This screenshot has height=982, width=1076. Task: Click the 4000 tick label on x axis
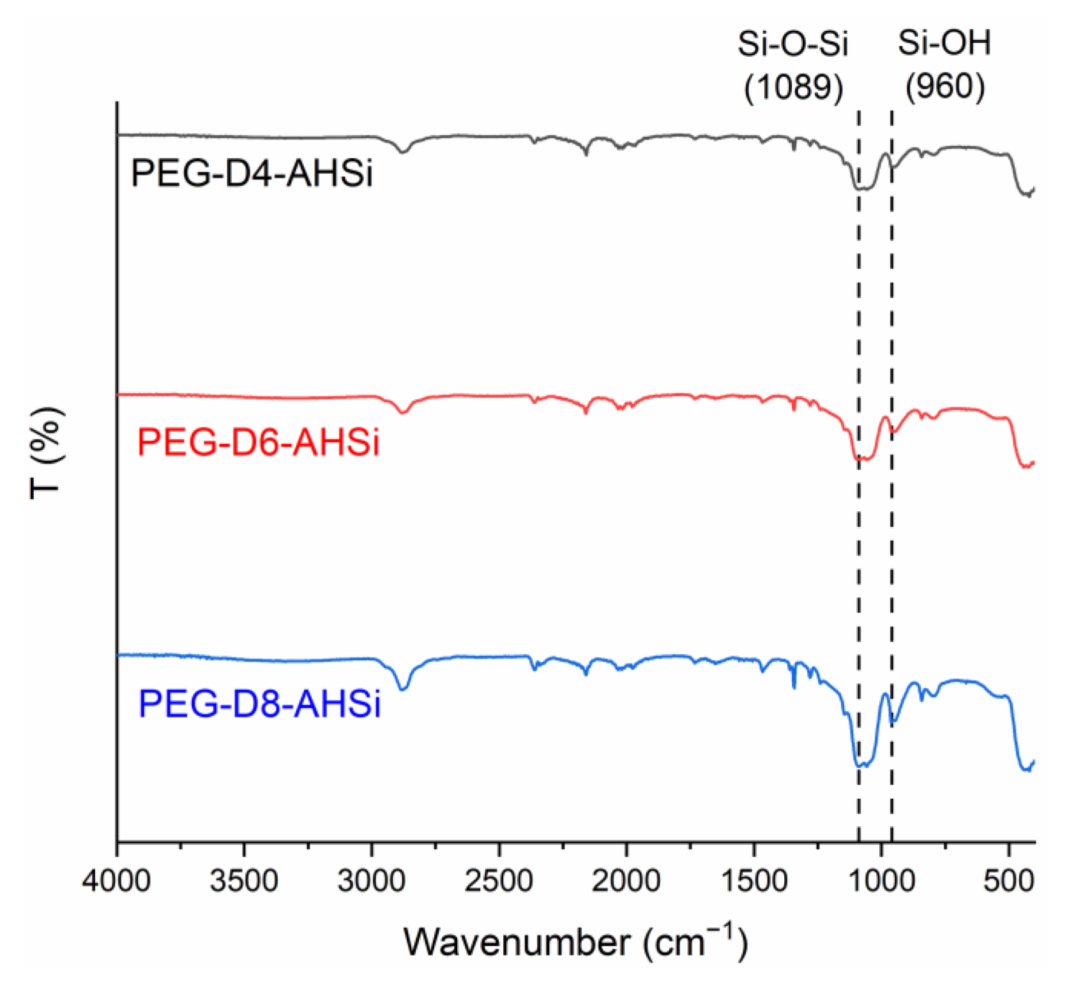pos(117,882)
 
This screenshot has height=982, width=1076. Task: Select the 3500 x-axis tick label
pos(244,882)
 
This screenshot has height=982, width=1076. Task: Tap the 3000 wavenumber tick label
pos(372,882)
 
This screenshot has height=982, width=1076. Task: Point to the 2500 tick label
pos(499,882)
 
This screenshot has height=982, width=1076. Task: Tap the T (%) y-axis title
pos(46,451)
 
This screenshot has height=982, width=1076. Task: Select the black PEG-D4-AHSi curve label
pos(252,173)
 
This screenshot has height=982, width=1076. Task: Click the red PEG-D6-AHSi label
pos(258,442)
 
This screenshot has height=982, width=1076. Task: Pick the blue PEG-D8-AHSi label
pos(259,704)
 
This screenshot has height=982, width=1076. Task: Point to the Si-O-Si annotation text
pos(792,43)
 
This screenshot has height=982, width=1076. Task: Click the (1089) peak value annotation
pos(793,86)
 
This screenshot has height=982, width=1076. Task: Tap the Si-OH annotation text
pos(944,43)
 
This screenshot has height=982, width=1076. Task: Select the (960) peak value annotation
pos(944,86)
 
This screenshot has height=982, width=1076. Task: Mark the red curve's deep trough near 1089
pos(862,458)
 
